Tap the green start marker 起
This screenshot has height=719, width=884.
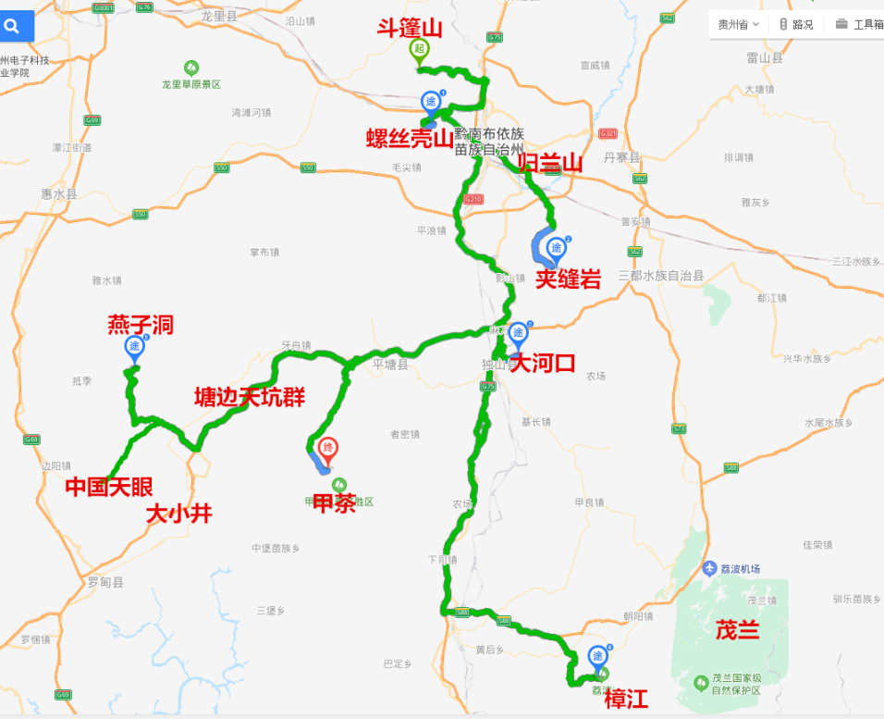pos(420,50)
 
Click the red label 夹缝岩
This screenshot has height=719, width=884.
pos(569,279)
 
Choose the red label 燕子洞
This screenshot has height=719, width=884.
pos(141,325)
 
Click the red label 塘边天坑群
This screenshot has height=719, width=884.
pos(250,397)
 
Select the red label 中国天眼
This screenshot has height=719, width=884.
pos(109,487)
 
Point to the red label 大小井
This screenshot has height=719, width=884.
pos(178,514)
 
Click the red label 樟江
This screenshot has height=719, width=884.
pos(626,700)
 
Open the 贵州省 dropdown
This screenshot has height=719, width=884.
pos(739,25)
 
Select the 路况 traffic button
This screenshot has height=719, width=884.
pos(796,25)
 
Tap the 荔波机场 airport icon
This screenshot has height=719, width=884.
pos(710,568)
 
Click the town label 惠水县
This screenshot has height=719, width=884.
pos(59,194)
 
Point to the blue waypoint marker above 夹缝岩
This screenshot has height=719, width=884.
pos(557,247)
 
